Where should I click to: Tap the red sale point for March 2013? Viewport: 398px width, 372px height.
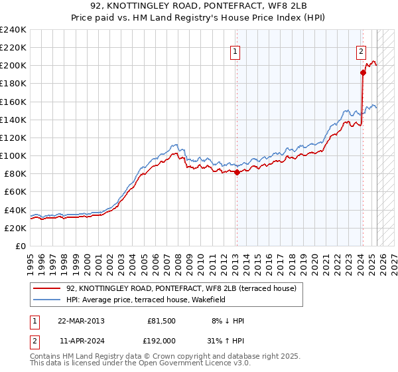(x=237, y=172)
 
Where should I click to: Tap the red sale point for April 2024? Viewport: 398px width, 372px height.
(x=363, y=73)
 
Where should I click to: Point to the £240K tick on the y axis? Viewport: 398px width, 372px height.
(x=13, y=30)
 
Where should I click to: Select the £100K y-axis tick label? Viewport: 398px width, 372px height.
(x=13, y=155)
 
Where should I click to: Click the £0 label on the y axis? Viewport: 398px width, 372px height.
(x=21, y=245)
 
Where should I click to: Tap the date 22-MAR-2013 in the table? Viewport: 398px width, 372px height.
(x=81, y=320)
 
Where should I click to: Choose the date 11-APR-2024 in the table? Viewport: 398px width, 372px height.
(x=81, y=340)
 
